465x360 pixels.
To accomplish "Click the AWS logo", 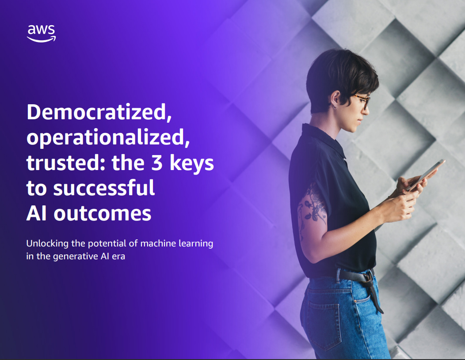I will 41,33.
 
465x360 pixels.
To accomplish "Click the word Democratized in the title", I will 99,114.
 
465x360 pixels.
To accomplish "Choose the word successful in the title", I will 104,188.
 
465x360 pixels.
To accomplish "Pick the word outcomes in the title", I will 103,213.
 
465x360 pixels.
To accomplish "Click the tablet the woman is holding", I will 425,175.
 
